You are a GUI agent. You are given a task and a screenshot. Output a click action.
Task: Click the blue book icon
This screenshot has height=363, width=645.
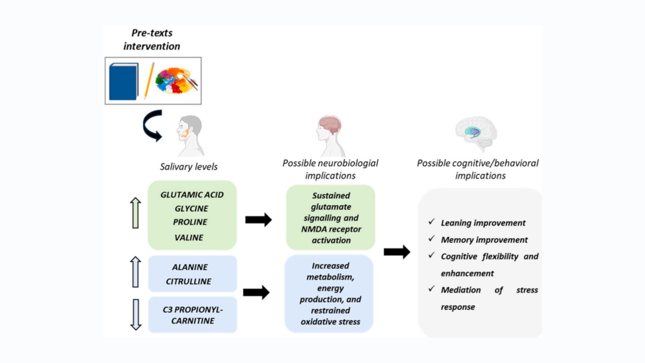(123, 81)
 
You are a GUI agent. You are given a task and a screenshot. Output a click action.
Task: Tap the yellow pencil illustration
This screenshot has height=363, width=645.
(149, 81)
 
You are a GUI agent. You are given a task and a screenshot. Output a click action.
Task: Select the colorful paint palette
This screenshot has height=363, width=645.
(175, 80)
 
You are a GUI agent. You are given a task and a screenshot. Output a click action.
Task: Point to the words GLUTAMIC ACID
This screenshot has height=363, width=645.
(192, 195)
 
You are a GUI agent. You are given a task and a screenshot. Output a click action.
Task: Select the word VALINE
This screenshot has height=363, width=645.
(189, 238)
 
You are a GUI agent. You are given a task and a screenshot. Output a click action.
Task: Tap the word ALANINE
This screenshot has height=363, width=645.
(190, 267)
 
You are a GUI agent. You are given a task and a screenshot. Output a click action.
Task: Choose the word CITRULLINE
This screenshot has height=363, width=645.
(188, 281)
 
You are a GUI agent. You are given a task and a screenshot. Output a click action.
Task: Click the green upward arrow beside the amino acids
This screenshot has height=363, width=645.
(135, 213)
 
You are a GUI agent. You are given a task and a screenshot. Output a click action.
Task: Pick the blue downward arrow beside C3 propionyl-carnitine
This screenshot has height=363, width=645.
(136, 315)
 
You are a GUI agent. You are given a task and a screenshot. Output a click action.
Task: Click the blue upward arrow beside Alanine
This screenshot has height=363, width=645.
(135, 272)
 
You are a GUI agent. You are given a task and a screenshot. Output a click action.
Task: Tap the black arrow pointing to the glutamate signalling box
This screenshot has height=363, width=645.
(258, 220)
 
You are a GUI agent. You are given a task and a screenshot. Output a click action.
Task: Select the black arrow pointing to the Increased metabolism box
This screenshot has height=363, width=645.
(256, 292)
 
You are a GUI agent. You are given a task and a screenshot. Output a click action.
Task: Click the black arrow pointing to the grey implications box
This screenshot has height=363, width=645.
(397, 252)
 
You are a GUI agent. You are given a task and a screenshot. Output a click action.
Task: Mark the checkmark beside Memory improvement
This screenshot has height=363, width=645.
(432, 239)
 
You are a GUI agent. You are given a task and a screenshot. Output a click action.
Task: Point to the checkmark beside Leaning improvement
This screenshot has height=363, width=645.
(432, 222)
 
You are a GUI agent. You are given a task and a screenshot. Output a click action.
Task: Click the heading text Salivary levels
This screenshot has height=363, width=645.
(188, 167)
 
